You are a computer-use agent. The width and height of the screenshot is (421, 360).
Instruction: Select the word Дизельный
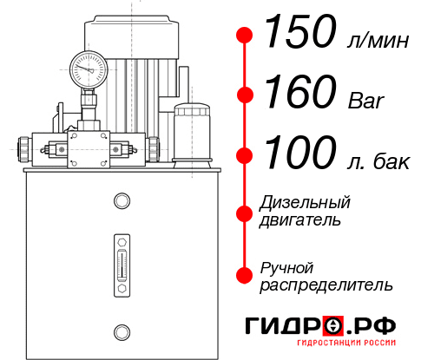(x=306, y=202)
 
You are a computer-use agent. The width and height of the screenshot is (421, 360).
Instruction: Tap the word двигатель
(x=300, y=220)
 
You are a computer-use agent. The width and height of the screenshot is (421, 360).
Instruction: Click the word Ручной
(x=287, y=266)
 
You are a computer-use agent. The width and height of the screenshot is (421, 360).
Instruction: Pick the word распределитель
(x=326, y=285)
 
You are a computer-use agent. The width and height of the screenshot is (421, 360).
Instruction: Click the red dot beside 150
(x=245, y=35)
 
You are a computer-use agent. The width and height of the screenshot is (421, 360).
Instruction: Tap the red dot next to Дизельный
(x=245, y=212)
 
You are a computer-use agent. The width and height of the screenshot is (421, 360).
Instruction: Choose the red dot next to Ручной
(x=245, y=275)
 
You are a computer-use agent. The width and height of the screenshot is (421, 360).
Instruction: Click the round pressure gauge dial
(x=87, y=66)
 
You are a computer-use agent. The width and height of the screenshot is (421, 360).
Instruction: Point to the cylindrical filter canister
(x=192, y=133)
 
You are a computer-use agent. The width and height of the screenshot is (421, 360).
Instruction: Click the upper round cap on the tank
(x=121, y=201)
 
